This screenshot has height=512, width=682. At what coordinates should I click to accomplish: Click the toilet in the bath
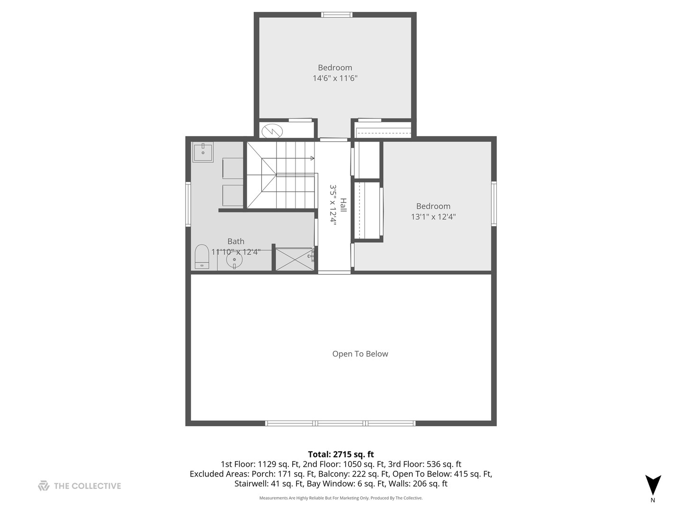202,256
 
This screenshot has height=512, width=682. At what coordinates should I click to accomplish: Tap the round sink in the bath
234,260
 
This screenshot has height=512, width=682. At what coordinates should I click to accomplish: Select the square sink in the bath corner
203,152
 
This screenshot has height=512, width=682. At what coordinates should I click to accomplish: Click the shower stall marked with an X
294,259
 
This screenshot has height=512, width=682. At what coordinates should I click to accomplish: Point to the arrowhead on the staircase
313,158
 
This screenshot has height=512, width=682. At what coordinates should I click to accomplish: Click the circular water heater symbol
272,131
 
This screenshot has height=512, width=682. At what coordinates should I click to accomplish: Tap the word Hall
343,205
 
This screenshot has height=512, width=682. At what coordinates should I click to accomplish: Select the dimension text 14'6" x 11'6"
335,78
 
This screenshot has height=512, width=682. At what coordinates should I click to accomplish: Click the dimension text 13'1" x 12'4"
433,217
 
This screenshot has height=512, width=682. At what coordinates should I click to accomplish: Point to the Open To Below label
360,354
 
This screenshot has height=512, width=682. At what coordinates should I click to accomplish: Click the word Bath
236,241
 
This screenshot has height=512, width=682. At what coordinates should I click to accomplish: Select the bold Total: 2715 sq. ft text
341,454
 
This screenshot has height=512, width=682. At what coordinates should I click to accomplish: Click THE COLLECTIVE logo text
87,486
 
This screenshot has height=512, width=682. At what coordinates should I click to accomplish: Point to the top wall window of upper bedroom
337,15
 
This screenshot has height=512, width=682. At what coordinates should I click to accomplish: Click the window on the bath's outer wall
188,204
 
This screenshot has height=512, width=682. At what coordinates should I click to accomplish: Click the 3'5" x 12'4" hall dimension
333,205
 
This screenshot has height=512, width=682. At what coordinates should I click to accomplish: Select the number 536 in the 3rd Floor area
433,464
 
